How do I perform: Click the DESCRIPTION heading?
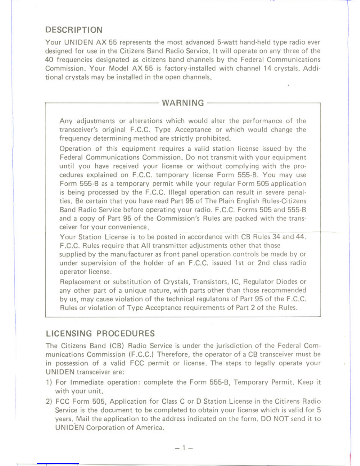(74, 30)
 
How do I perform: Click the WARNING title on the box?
(183, 103)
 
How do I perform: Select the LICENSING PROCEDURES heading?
(100, 333)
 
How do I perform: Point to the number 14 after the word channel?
(267, 69)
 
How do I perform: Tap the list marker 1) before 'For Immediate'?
(49, 382)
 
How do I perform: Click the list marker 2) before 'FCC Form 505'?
(49, 402)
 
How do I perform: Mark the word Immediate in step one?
(87, 382)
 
